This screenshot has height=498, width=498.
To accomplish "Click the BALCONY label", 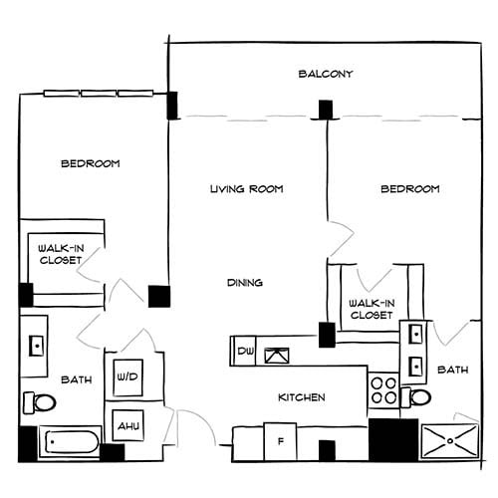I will [x=326, y=75].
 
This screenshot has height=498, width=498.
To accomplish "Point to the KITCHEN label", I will [x=301, y=397].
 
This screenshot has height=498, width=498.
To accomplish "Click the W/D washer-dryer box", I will [x=127, y=377].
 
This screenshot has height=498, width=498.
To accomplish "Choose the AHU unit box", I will [x=127, y=425].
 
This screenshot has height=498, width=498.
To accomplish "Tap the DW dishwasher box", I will [x=245, y=352].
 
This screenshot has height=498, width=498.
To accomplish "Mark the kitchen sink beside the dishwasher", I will [x=275, y=352].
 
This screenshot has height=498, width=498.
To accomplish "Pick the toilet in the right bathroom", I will [x=418, y=398].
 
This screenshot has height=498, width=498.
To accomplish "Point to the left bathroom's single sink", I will [x=37, y=345].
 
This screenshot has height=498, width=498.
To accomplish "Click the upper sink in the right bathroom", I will [x=414, y=336].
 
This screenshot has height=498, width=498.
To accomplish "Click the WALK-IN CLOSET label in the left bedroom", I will [x=60, y=254].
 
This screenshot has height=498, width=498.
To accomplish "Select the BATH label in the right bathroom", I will [x=453, y=371].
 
